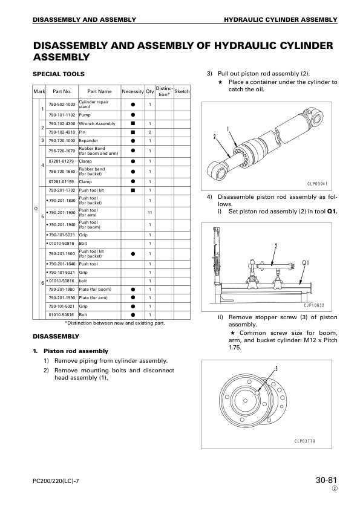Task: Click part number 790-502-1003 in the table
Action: [x=62, y=104]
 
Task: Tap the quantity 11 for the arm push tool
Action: [x=150, y=213]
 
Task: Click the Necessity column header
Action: [x=133, y=91]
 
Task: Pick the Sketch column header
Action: [x=182, y=91]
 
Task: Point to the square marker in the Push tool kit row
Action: [x=133, y=190]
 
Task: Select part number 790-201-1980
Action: [x=62, y=289]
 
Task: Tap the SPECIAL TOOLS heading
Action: [x=59, y=74]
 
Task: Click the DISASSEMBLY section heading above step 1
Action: [x=56, y=336]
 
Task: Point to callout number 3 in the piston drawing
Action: [x=277, y=368]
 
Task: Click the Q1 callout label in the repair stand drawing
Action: [x=306, y=262]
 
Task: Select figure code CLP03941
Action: [x=318, y=184]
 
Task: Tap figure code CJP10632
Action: [x=314, y=305]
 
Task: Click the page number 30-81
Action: [x=327, y=480]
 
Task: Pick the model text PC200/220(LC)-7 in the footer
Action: [x=56, y=481]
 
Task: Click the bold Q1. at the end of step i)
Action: [x=332, y=212]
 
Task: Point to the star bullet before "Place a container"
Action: [x=220, y=82]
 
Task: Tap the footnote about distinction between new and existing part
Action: [x=115, y=323]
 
